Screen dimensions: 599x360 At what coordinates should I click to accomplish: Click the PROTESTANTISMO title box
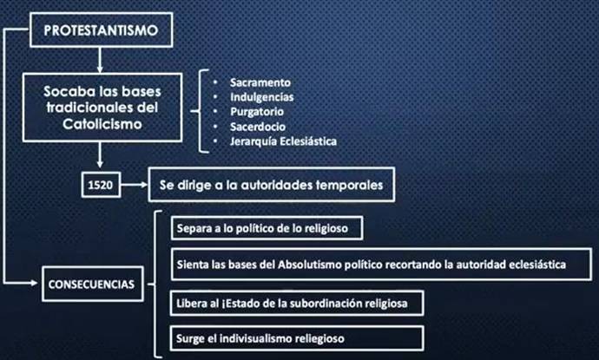coord(102,29)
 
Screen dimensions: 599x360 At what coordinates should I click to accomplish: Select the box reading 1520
coord(101,185)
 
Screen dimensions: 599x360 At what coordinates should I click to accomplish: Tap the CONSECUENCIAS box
coord(92,284)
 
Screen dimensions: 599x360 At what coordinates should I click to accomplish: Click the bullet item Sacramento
coord(260,82)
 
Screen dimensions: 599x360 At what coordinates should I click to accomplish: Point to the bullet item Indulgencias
coord(261,97)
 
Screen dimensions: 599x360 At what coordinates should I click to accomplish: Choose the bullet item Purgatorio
coord(257,112)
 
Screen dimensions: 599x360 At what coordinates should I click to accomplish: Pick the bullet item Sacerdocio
coord(258,127)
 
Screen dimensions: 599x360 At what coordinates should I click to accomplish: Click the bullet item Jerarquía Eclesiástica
coord(283,141)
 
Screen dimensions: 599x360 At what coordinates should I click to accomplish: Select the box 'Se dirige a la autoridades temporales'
coord(271,185)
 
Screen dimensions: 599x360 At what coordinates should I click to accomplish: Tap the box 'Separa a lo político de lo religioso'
coord(267,228)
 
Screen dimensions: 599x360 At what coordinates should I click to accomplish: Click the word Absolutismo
coord(309,265)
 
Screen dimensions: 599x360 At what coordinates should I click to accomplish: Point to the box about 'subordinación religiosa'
coord(296,303)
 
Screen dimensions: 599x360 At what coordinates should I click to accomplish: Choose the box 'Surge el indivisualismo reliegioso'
coord(296,338)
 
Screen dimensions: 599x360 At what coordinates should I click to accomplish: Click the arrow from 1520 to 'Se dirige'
coord(134,185)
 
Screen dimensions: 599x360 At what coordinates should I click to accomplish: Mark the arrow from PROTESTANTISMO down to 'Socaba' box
coord(100,60)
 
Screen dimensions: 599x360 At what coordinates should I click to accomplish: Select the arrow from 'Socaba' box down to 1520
coord(100,154)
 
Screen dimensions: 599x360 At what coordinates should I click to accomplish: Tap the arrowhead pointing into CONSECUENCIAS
coord(35,284)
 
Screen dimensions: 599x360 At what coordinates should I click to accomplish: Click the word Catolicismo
coord(102,124)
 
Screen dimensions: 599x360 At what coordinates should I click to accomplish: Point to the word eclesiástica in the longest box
coord(537,265)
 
